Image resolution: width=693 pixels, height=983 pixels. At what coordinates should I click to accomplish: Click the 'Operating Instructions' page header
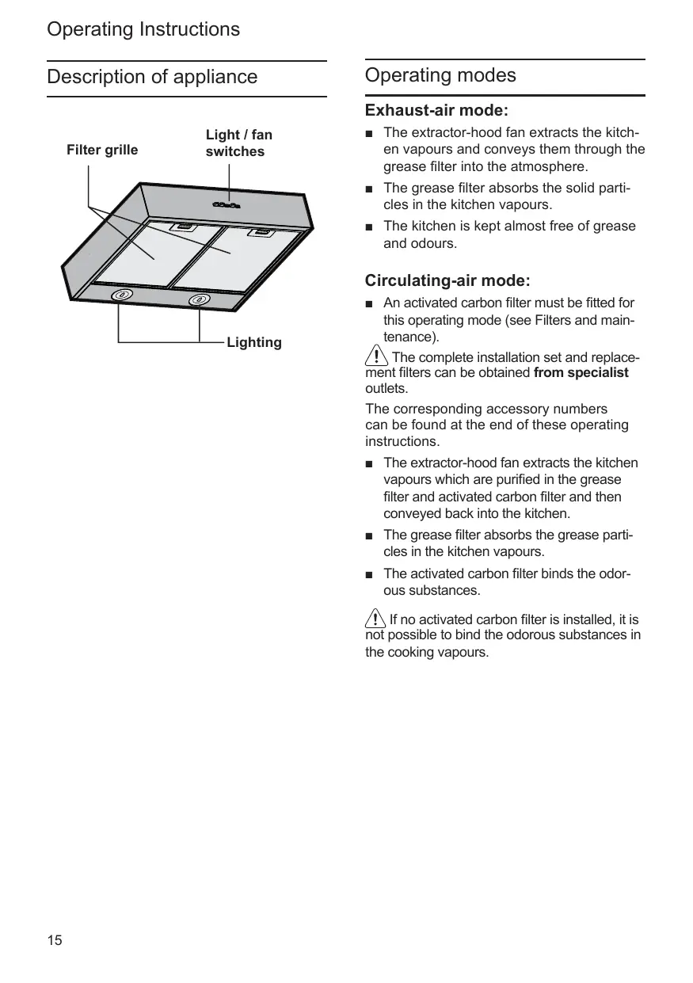click(143, 29)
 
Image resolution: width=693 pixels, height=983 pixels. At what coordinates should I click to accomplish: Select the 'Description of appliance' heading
click(152, 77)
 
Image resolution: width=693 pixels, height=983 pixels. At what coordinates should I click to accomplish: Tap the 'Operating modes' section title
click(440, 75)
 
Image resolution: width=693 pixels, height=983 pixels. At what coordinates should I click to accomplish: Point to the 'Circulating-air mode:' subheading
click(447, 280)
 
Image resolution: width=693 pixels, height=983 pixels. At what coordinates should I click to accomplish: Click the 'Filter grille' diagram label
click(102, 150)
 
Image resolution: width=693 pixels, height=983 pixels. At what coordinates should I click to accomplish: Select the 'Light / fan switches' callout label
click(238, 143)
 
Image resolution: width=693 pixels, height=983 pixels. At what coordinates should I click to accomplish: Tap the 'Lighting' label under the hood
click(253, 342)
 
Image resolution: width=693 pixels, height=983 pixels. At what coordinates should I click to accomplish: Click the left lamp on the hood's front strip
click(120, 295)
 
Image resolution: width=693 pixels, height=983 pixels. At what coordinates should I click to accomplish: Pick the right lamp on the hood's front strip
click(198, 300)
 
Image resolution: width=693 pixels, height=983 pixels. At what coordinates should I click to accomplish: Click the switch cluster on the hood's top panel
click(227, 206)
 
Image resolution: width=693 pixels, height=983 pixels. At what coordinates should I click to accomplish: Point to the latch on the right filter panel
click(261, 232)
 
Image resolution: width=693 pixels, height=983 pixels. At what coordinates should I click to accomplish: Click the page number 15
click(54, 941)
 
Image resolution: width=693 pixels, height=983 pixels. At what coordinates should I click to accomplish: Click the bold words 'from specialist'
click(581, 372)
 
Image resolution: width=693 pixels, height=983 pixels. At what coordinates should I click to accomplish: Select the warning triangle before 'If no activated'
click(375, 619)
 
